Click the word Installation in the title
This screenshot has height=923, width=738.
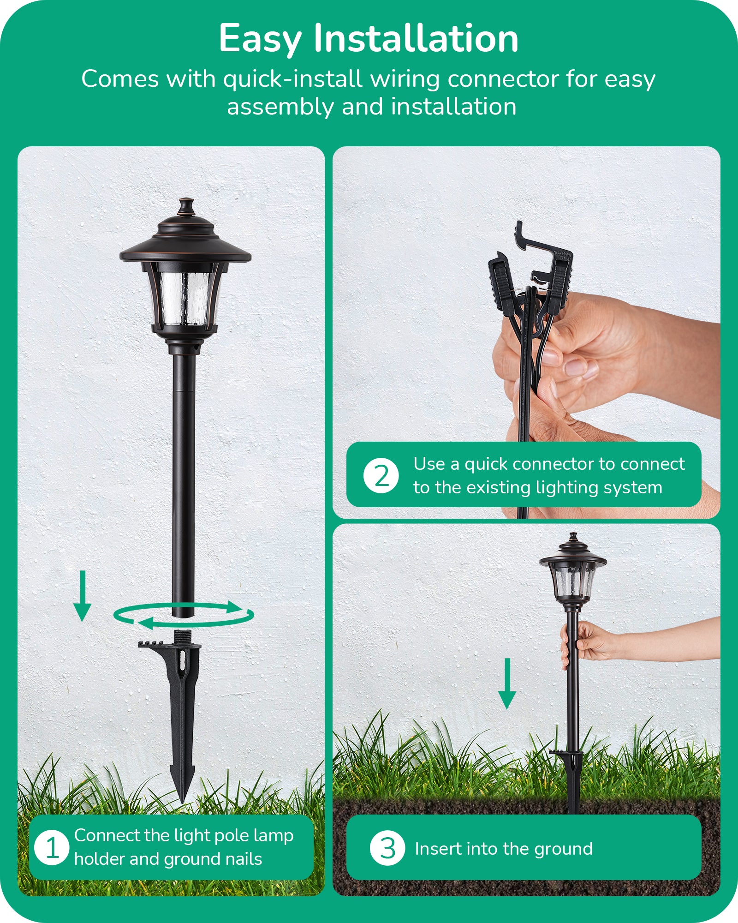(416, 39)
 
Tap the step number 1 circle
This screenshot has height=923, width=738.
(52, 847)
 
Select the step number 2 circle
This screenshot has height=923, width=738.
(381, 475)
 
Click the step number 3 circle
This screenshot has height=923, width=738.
(387, 848)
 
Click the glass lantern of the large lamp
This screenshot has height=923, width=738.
(184, 298)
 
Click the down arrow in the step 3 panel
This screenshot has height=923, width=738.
(507, 683)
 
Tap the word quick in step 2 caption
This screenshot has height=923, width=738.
(486, 464)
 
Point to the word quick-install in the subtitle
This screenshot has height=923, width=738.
(292, 79)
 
